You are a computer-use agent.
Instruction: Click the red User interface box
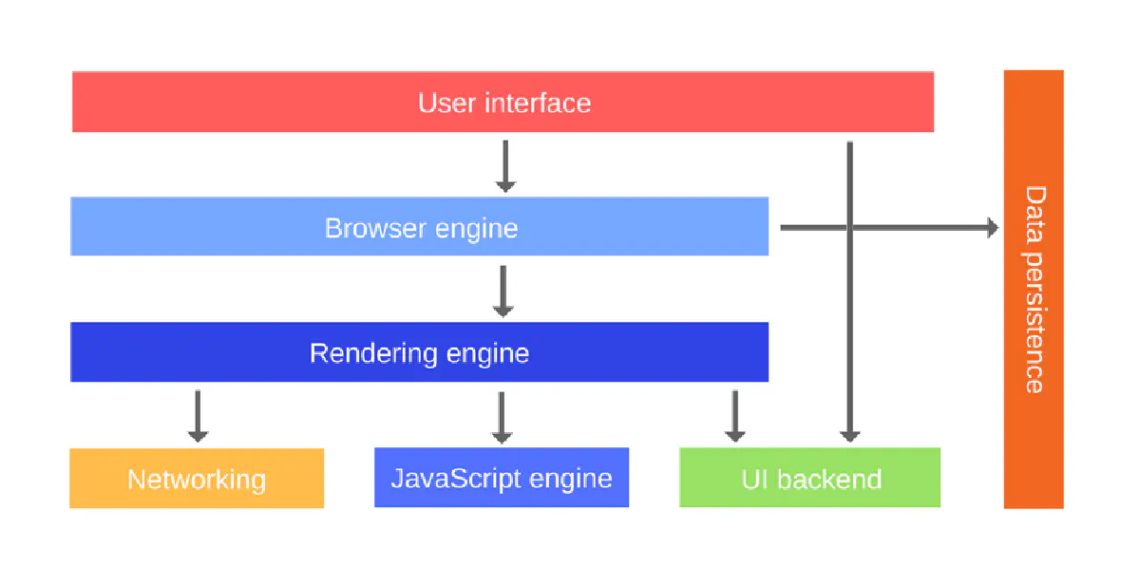[x=503, y=102]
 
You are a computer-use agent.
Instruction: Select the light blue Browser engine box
[x=419, y=228]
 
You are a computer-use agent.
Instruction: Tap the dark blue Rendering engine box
[x=419, y=353]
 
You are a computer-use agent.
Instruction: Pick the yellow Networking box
[x=197, y=479]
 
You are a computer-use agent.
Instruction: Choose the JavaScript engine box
[x=502, y=478]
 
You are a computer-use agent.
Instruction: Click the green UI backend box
[x=810, y=479]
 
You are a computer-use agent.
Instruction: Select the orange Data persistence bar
[x=1034, y=289]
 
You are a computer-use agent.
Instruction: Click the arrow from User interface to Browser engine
[x=505, y=165]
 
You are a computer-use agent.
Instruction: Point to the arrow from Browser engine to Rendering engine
[x=503, y=291]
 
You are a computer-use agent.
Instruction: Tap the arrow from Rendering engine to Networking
[x=198, y=416]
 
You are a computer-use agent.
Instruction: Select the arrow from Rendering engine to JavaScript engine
[x=502, y=416]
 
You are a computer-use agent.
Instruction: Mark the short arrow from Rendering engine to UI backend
[x=734, y=416]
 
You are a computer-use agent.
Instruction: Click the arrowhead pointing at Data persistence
[x=993, y=228]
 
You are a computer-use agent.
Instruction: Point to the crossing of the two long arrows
[x=849, y=228]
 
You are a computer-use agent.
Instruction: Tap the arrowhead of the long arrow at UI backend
[x=849, y=436]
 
